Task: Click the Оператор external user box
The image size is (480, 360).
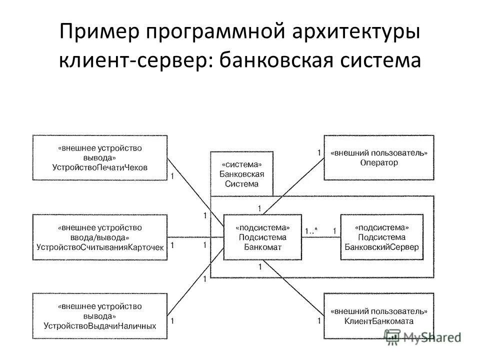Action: tap(378, 157)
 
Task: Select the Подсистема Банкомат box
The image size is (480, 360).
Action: tap(262, 237)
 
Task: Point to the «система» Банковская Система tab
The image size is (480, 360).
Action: tap(242, 173)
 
